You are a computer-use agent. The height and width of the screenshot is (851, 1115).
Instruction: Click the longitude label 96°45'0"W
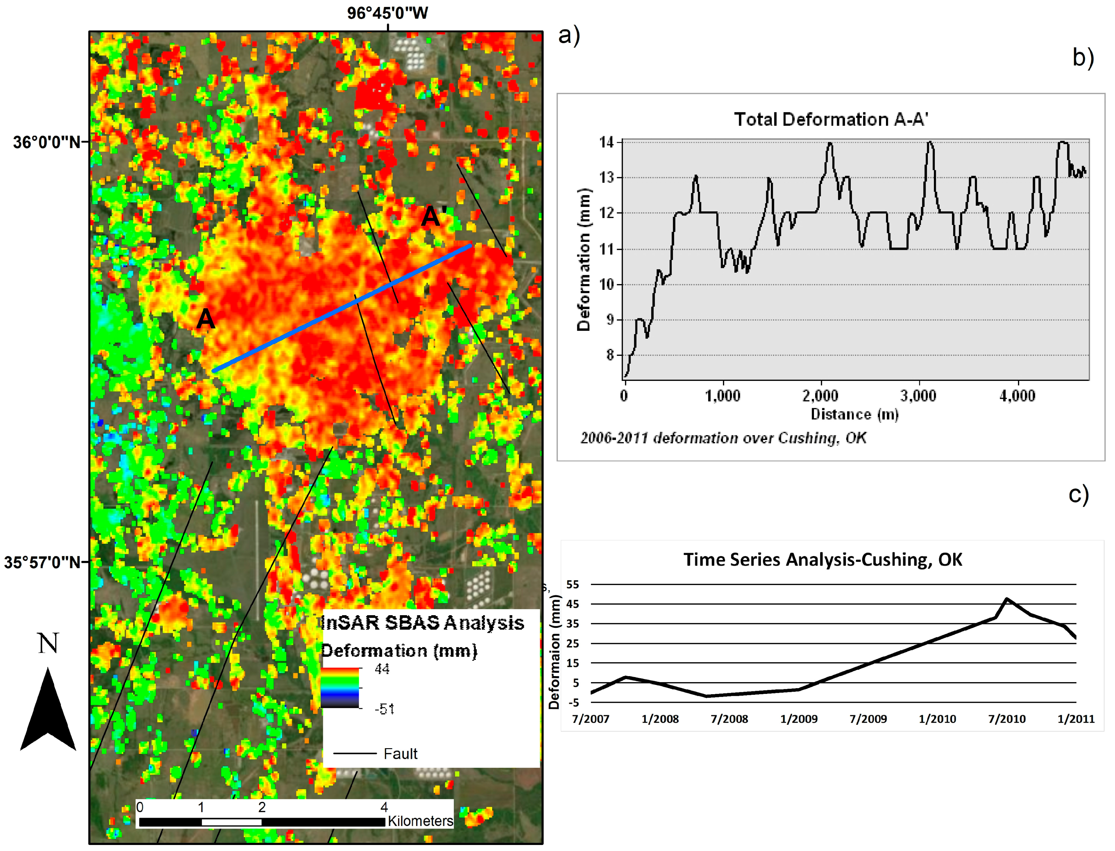(387, 13)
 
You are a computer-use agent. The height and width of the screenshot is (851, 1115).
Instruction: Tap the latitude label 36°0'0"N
(47, 142)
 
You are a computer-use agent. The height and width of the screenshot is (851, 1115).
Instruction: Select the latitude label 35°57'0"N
(43, 562)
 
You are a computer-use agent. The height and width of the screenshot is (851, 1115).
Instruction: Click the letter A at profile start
(206, 319)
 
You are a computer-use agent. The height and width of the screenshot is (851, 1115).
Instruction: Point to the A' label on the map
(434, 216)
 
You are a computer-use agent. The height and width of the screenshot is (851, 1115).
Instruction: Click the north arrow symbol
(48, 709)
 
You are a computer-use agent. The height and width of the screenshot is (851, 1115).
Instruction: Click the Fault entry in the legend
(400, 754)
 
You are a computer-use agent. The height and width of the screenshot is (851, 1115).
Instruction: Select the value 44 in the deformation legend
(382, 669)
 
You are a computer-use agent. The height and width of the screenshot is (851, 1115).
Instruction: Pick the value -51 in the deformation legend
(384, 709)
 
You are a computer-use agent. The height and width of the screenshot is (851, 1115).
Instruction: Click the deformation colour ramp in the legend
(340, 688)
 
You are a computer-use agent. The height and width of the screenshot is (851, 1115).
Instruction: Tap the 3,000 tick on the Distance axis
(919, 396)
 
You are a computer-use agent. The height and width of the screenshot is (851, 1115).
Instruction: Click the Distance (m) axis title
(854, 414)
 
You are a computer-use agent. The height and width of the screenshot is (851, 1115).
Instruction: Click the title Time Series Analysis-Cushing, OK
(823, 560)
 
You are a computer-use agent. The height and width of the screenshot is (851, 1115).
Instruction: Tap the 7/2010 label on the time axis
(1007, 719)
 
